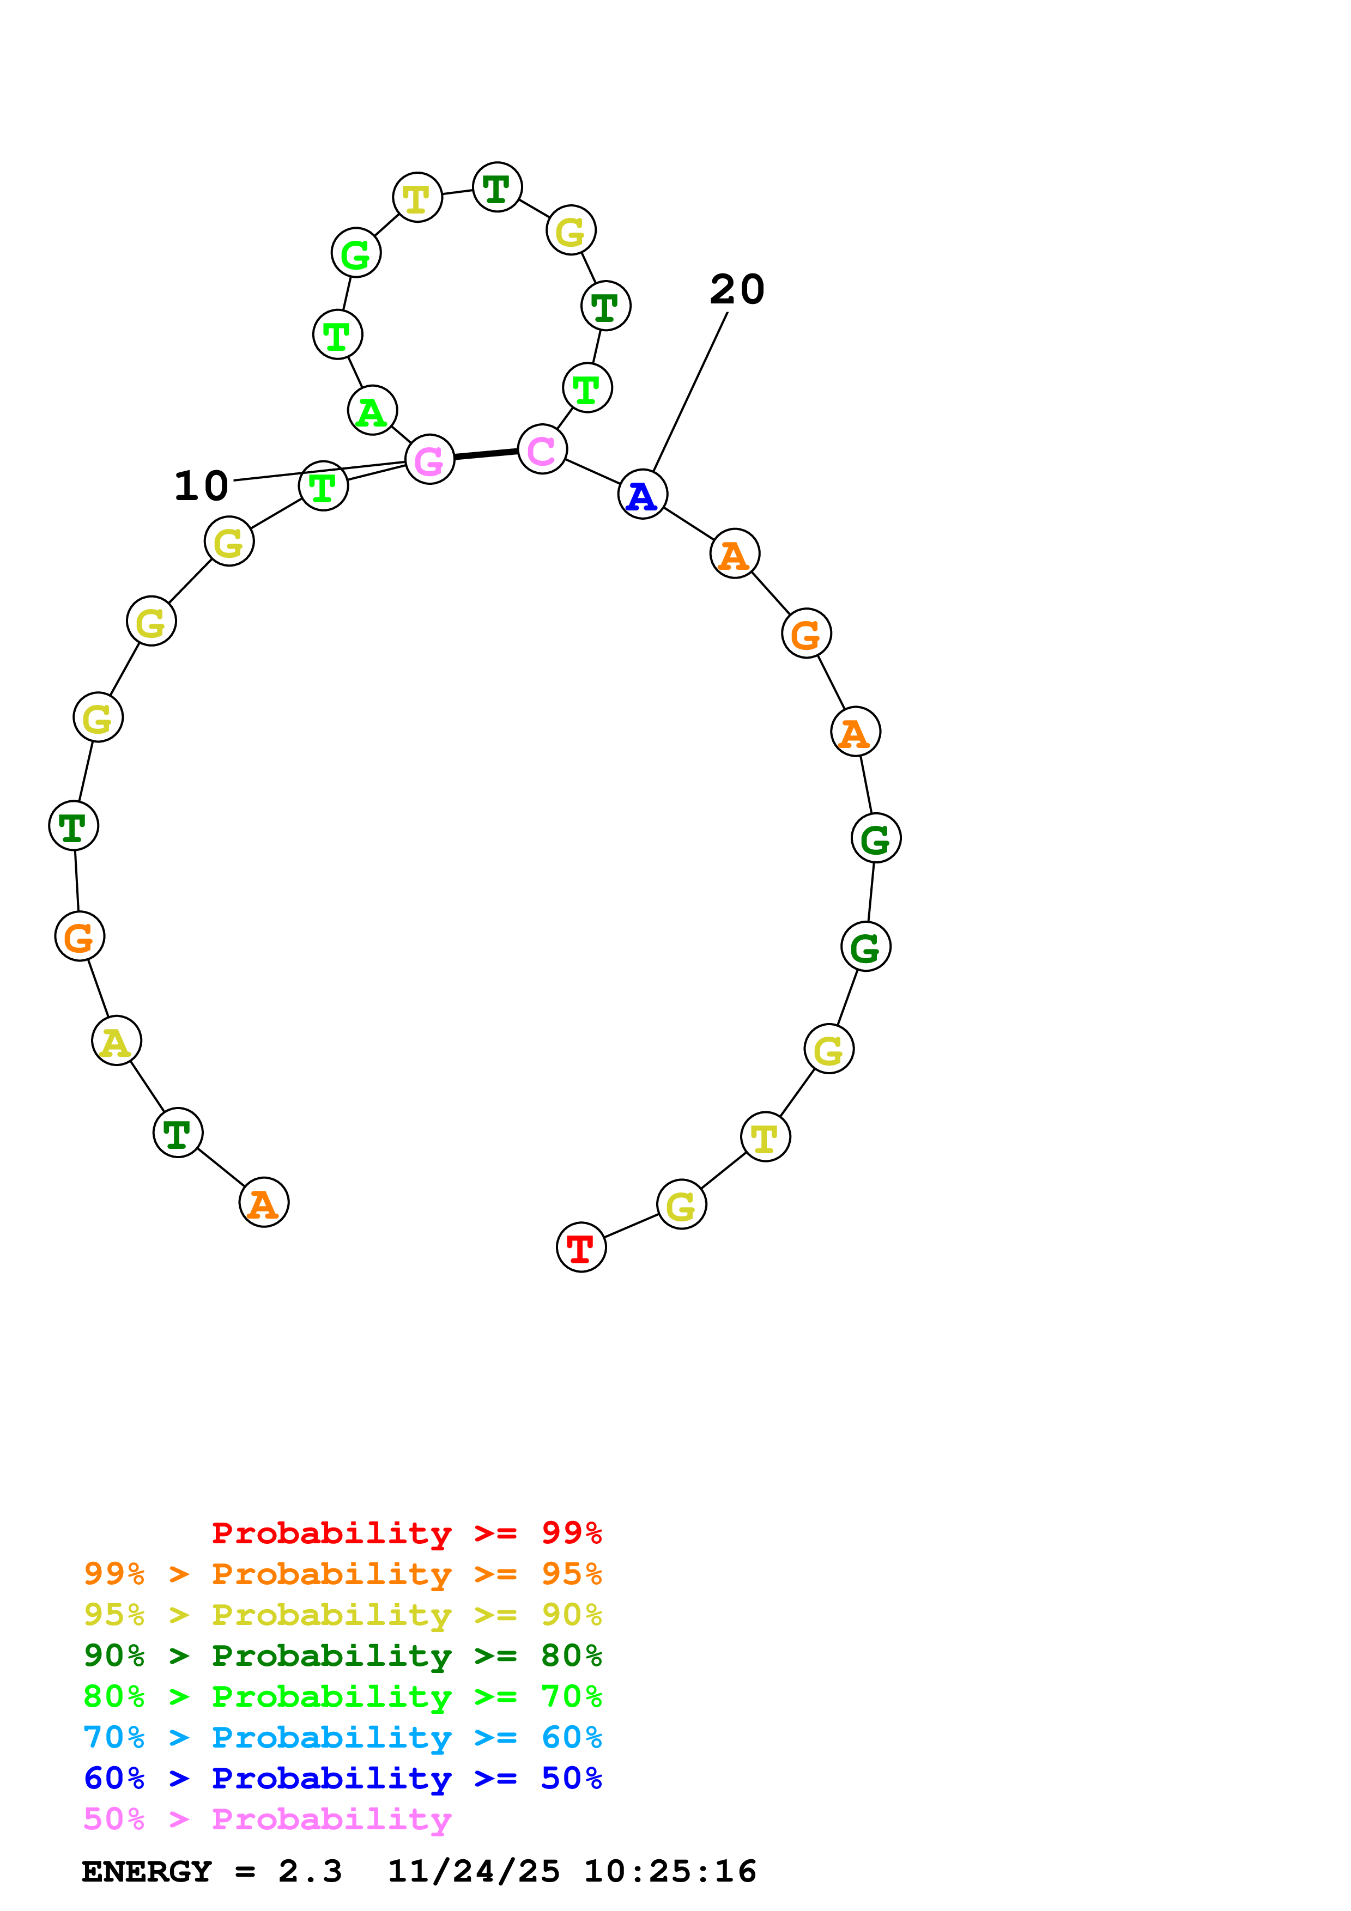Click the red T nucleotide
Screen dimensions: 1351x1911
pos(581,1247)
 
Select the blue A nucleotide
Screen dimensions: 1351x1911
pos(643,495)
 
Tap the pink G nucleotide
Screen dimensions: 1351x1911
pos(429,459)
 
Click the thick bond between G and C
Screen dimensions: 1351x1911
pos(486,454)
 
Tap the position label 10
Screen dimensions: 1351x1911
pos(202,486)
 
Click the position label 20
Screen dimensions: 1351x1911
pos(737,290)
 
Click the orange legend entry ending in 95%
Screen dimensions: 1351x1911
pos(343,1574)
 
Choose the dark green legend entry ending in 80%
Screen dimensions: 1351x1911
pos(343,1656)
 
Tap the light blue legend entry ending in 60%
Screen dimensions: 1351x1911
pos(343,1737)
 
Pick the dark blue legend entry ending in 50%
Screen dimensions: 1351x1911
pos(343,1778)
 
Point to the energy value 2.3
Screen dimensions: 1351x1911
pos(310,1871)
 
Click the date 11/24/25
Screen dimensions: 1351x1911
pos(474,1871)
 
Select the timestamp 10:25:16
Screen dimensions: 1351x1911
pos(670,1871)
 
